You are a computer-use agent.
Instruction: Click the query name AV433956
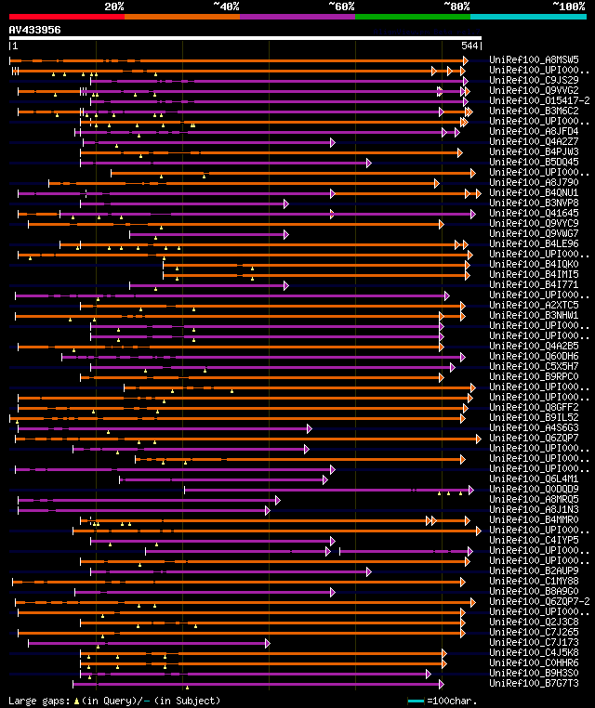click(x=35, y=30)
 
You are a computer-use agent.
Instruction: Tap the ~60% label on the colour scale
click(x=341, y=7)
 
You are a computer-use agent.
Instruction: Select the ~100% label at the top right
click(x=568, y=7)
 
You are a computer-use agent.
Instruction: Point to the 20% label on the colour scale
click(x=114, y=7)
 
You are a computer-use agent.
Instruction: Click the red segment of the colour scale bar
click(x=66, y=17)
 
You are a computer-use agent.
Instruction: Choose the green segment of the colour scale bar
click(x=412, y=17)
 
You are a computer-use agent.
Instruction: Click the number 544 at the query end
click(x=469, y=46)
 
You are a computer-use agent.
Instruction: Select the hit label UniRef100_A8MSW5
click(x=535, y=60)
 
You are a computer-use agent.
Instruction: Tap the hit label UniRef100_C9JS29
click(x=535, y=81)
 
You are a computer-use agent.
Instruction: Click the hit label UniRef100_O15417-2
click(x=538, y=101)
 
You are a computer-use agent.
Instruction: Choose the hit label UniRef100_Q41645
click(x=535, y=214)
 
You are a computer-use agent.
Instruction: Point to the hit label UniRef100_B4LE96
click(x=535, y=244)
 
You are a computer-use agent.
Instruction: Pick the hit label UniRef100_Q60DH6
click(x=535, y=357)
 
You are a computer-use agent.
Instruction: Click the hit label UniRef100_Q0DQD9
click(x=535, y=490)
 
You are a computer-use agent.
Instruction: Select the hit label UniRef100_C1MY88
click(x=535, y=582)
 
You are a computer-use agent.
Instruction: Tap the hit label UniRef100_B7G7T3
click(x=535, y=684)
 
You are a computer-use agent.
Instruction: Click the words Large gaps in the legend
click(x=37, y=701)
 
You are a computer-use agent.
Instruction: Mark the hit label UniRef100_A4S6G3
click(x=535, y=428)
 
